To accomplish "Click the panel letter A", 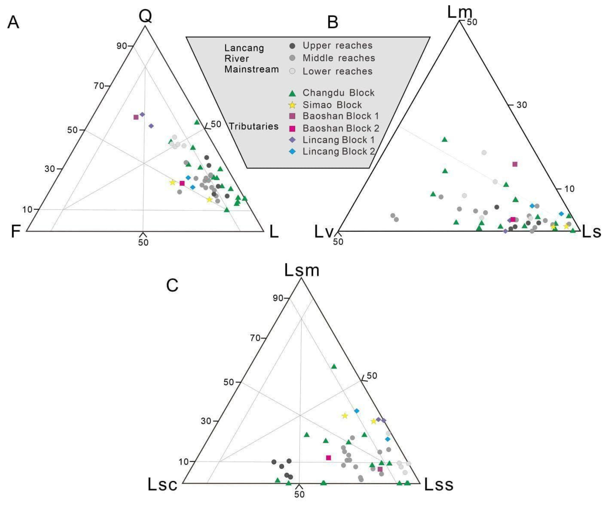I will (x=13, y=22).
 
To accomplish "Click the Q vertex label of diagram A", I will (x=145, y=16).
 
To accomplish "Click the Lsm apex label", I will (x=302, y=270).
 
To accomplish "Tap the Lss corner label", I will (x=438, y=484).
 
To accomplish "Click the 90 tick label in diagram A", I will (x=121, y=46).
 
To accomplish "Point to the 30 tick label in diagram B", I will (x=522, y=105).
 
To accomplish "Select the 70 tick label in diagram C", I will (x=255, y=338).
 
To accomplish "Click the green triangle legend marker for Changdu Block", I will (x=292, y=93).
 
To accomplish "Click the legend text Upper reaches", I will (x=337, y=46).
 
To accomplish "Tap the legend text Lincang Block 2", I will (x=339, y=152).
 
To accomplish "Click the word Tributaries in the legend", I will (x=253, y=126).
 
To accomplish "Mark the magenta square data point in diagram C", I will (x=328, y=458).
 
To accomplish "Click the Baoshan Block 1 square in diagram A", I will (x=136, y=117).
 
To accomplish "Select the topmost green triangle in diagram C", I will (x=334, y=366).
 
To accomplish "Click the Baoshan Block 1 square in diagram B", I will (x=515, y=164).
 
